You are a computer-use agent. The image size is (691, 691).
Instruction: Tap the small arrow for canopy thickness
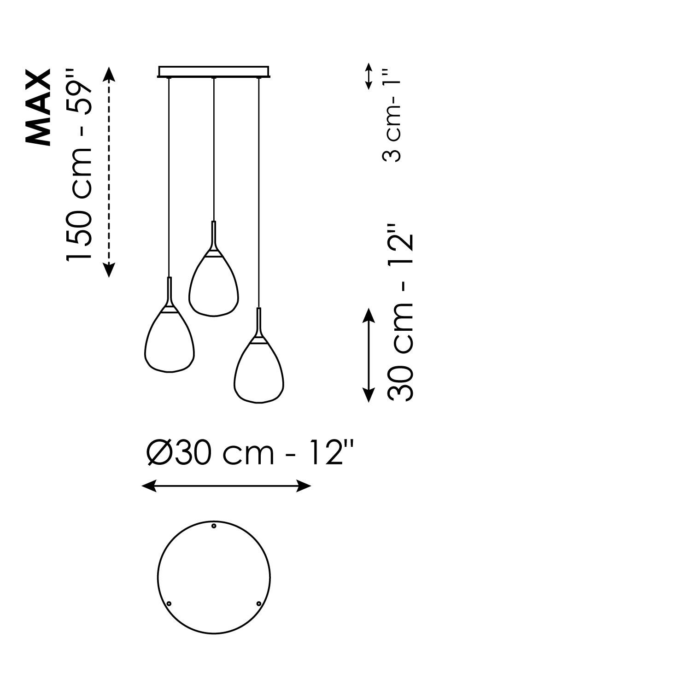click(x=368, y=76)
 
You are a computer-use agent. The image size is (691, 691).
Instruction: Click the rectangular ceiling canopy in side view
click(x=214, y=71)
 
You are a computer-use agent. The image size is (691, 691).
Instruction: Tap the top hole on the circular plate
click(x=214, y=526)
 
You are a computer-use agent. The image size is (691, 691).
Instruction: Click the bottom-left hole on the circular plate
click(x=169, y=603)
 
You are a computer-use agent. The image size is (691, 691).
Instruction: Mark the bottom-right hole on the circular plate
click(x=258, y=603)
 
